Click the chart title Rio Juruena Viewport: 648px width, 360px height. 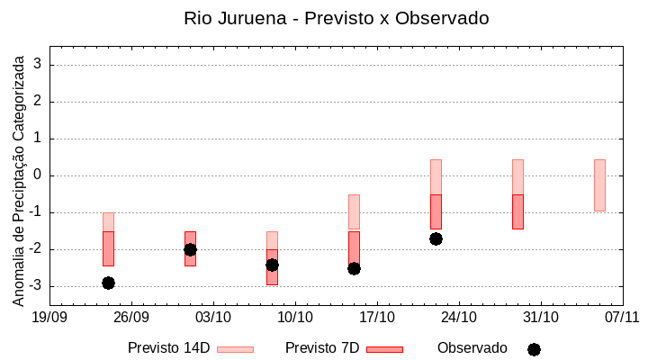[337, 18]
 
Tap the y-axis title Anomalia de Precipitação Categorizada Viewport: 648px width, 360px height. [18, 177]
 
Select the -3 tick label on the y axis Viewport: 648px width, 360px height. [36, 286]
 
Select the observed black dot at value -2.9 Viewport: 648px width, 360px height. [108, 283]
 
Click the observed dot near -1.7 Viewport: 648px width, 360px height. [436, 238]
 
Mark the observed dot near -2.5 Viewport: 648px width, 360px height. [354, 268]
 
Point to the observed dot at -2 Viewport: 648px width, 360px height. [190, 249]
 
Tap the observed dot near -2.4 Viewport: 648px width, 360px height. [272, 265]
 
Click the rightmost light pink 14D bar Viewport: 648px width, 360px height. [599, 185]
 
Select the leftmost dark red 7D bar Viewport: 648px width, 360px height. [108, 248]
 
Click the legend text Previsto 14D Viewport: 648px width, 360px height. [168, 348]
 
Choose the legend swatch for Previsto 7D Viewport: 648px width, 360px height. [384, 349]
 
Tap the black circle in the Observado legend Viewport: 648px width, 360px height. [534, 349]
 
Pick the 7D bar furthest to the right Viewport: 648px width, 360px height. [517, 211]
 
